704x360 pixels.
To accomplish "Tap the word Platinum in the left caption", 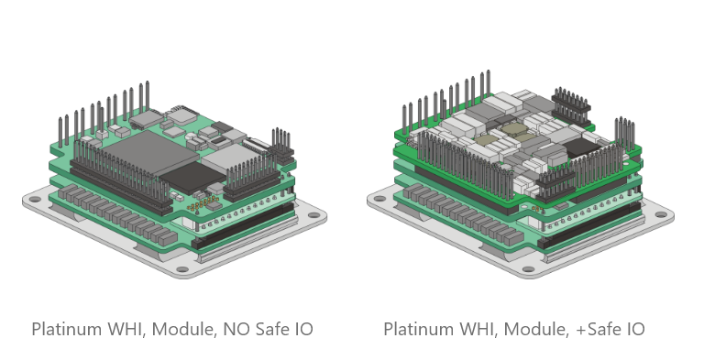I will coord(66,328).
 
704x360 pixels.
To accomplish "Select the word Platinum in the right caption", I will coord(418,328).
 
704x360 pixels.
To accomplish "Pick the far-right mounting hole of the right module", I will coord(662,217).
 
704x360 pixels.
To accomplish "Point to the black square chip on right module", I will coord(581,147).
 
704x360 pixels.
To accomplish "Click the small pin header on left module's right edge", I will coord(279,141).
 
